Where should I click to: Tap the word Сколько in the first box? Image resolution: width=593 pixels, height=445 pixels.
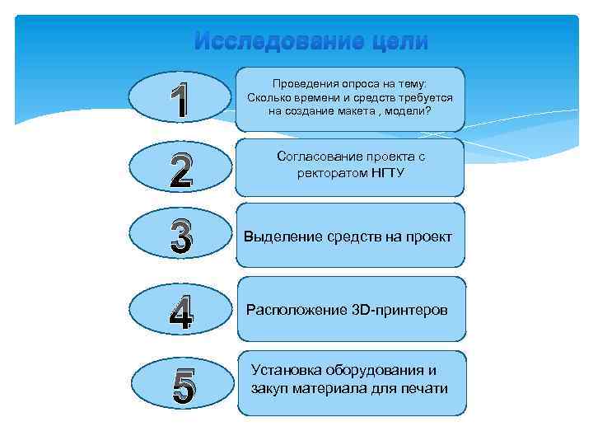(272, 97)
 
